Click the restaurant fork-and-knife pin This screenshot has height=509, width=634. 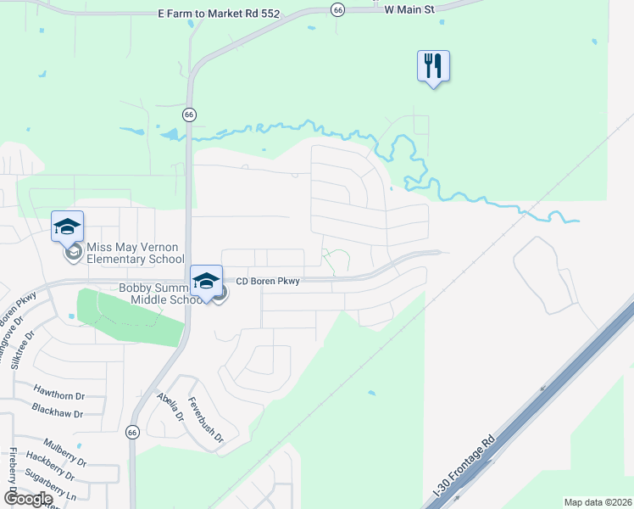[433, 65]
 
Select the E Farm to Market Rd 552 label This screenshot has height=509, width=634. [225, 14]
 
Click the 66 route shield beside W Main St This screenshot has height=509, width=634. [337, 9]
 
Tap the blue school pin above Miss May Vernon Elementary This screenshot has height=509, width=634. [68, 227]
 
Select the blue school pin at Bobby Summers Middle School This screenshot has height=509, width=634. [206, 282]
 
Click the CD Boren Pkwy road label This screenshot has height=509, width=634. [267, 282]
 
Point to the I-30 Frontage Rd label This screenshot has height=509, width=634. [464, 467]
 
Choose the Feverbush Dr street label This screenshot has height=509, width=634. [205, 421]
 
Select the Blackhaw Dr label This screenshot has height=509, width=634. [58, 414]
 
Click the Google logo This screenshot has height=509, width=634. [27, 499]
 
